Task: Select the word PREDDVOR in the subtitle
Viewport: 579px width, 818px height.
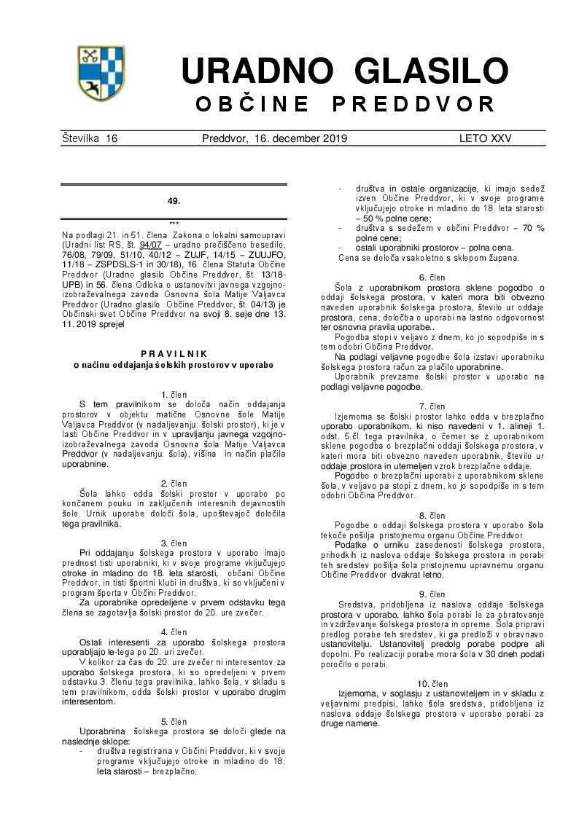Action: pyautogui.click(x=413, y=104)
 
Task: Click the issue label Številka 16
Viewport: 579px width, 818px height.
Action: pyautogui.click(x=90, y=138)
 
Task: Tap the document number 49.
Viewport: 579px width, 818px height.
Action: pyautogui.click(x=174, y=201)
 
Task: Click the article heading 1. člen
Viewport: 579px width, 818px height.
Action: pyautogui.click(x=174, y=394)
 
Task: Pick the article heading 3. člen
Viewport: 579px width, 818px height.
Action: pyautogui.click(x=174, y=543)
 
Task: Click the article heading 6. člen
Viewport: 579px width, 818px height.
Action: pyautogui.click(x=432, y=278)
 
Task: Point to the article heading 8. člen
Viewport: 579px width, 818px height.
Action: pyautogui.click(x=432, y=516)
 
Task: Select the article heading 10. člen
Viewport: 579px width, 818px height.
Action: pyautogui.click(x=432, y=684)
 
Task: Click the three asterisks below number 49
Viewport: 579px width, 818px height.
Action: pyautogui.click(x=174, y=224)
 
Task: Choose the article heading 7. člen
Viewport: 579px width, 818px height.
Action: pyautogui.click(x=432, y=406)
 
